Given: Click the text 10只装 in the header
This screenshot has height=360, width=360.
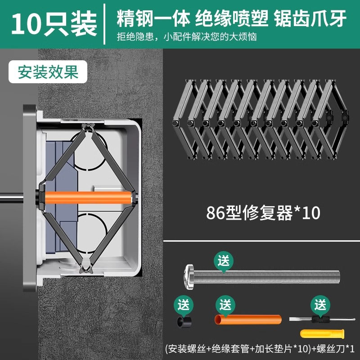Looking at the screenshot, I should click(54, 24).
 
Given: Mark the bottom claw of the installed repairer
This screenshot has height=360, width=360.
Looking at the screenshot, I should click(86, 269).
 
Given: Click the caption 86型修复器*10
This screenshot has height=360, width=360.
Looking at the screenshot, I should click(263, 212).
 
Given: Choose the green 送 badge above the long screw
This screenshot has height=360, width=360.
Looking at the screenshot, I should click(224, 261).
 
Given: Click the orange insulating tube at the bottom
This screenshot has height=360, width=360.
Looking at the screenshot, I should click(247, 319).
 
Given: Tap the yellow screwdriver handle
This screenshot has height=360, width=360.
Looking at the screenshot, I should click(318, 333).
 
